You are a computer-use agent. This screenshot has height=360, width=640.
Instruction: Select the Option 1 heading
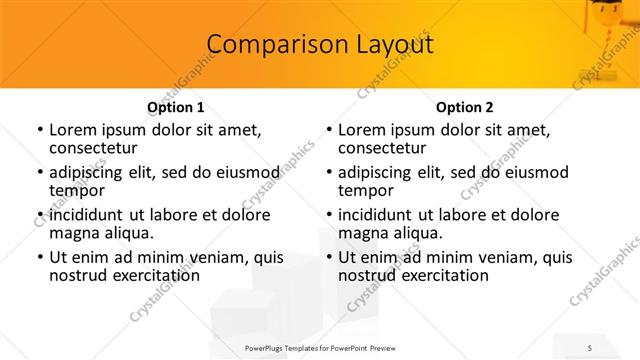tap(176, 107)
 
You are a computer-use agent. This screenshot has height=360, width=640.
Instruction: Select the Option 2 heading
tap(464, 107)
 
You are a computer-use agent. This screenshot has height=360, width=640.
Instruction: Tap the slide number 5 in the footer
tap(591, 348)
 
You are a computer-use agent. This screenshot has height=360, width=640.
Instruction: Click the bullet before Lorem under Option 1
tap(39, 130)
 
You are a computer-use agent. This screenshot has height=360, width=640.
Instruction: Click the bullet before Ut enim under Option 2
tap(328, 257)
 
